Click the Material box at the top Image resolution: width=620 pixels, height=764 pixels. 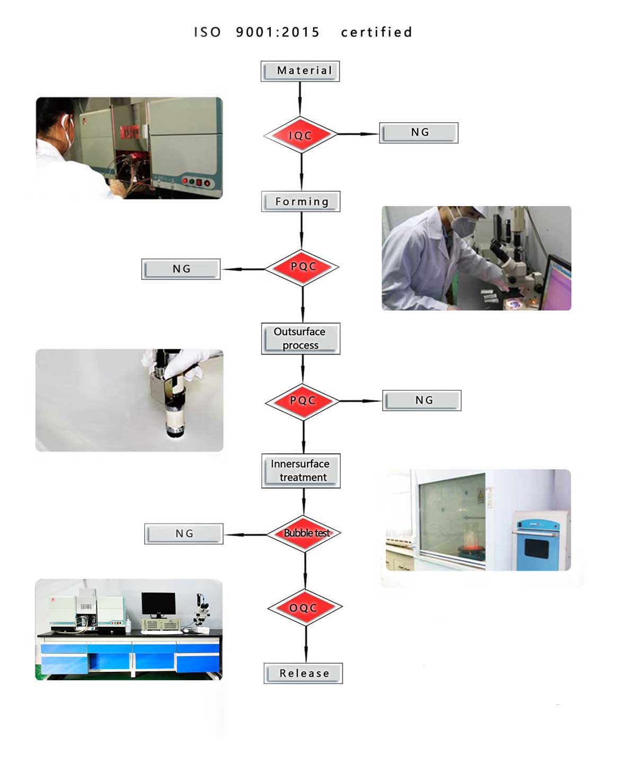[x=300, y=71]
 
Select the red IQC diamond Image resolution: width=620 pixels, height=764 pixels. [x=300, y=135]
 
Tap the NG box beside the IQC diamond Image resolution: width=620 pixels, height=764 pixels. [x=419, y=132]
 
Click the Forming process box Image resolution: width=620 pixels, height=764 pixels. [x=300, y=201]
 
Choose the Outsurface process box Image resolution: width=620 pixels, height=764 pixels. [x=300, y=339]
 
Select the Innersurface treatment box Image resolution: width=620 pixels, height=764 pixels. [x=300, y=470]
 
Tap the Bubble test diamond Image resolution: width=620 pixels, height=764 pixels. [x=304, y=534]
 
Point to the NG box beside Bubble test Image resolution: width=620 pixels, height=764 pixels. [x=184, y=534]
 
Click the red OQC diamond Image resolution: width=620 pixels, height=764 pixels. [x=305, y=608]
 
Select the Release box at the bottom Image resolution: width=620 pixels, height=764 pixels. [x=303, y=673]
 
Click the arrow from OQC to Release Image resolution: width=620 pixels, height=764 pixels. [x=306, y=644]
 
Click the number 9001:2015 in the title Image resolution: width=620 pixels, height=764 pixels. [x=278, y=32]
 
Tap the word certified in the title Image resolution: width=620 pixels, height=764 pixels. [x=376, y=32]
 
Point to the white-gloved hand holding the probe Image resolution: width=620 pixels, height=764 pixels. [x=180, y=366]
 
